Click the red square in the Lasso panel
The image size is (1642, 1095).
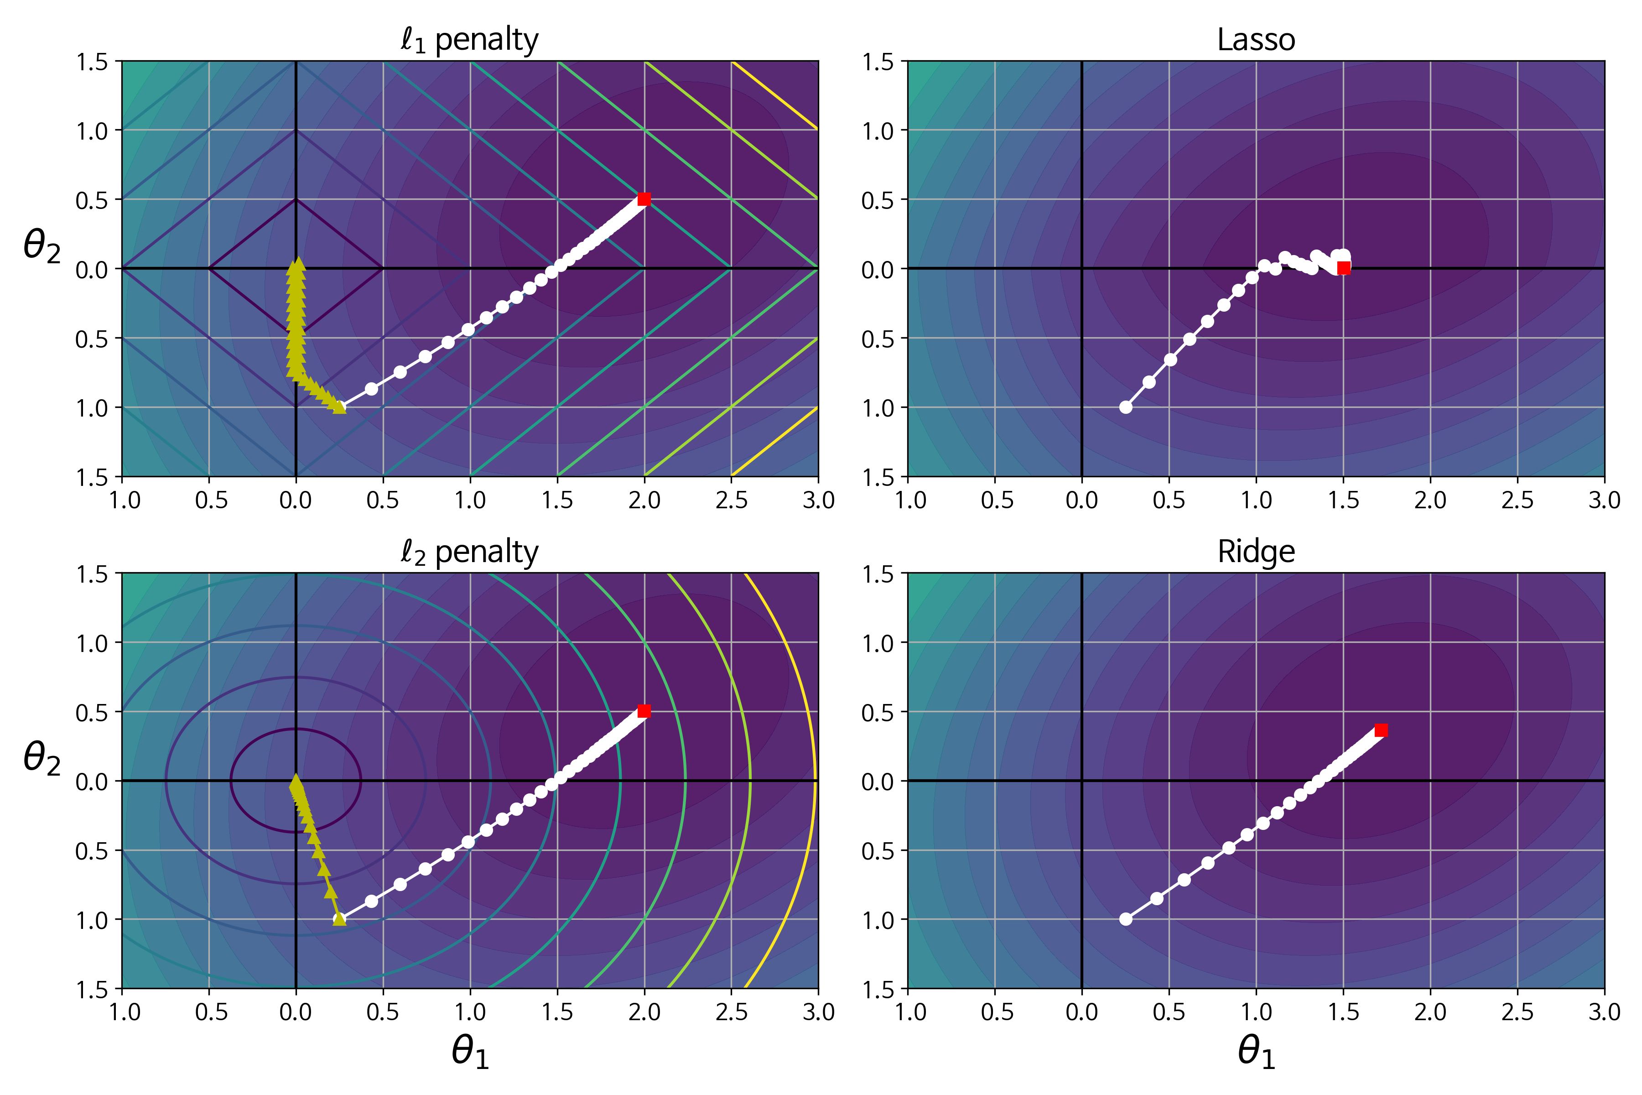click(1343, 268)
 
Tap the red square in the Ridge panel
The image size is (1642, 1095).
click(1381, 730)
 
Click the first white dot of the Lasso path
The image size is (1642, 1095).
click(1125, 407)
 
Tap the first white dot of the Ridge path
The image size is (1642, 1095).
click(1125, 919)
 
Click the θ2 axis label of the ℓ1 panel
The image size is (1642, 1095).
click(42, 246)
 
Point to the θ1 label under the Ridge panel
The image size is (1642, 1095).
click(1256, 1052)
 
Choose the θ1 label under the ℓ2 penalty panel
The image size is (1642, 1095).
click(470, 1052)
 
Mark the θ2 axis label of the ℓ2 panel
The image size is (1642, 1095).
click(42, 758)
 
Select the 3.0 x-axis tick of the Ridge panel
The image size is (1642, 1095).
click(1604, 1012)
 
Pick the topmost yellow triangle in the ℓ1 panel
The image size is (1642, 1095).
click(298, 263)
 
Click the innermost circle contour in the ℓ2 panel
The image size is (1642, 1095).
click(360, 781)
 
